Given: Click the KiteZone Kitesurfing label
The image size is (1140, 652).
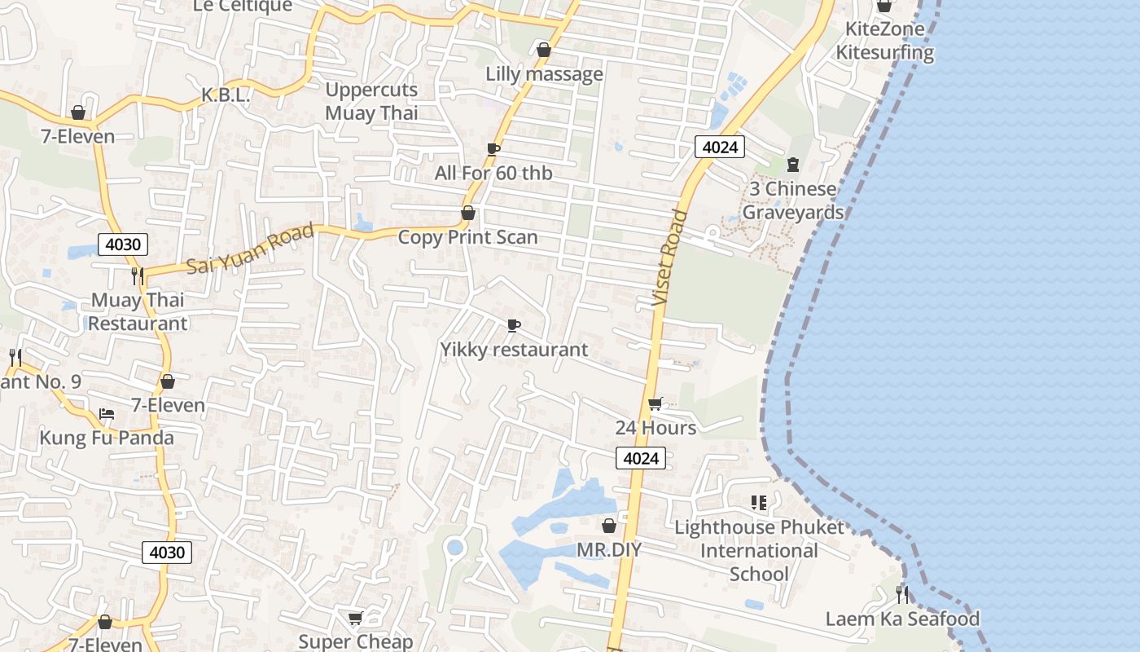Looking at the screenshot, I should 884,41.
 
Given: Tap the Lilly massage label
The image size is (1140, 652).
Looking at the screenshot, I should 544,74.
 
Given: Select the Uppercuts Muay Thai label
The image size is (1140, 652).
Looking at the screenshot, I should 371,101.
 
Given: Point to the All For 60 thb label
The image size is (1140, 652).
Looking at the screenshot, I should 493,173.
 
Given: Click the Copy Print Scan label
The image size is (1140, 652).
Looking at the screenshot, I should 467,237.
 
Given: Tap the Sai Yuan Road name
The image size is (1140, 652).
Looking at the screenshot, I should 250,249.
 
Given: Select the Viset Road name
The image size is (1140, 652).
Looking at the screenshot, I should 671,258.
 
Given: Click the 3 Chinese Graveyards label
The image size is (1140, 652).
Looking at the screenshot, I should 792,200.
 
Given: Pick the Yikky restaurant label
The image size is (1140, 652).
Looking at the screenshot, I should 514,350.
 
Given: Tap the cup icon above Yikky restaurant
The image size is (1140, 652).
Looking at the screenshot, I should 514,326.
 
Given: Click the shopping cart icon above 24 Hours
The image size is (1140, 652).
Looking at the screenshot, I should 655,403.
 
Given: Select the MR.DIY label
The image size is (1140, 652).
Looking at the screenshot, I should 608,550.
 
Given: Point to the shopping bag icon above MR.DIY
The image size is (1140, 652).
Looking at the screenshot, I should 608,526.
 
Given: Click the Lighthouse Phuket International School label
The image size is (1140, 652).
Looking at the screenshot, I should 759,550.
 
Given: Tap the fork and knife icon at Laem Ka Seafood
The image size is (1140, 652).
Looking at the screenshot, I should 901,594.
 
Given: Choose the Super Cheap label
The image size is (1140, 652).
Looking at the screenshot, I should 355,641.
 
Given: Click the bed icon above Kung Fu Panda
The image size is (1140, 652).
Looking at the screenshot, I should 107,414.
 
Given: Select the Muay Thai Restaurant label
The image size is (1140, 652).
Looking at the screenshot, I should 138,311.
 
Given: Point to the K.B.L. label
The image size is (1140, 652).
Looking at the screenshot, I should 226,95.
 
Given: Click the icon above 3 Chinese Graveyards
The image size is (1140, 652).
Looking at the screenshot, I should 793,165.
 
